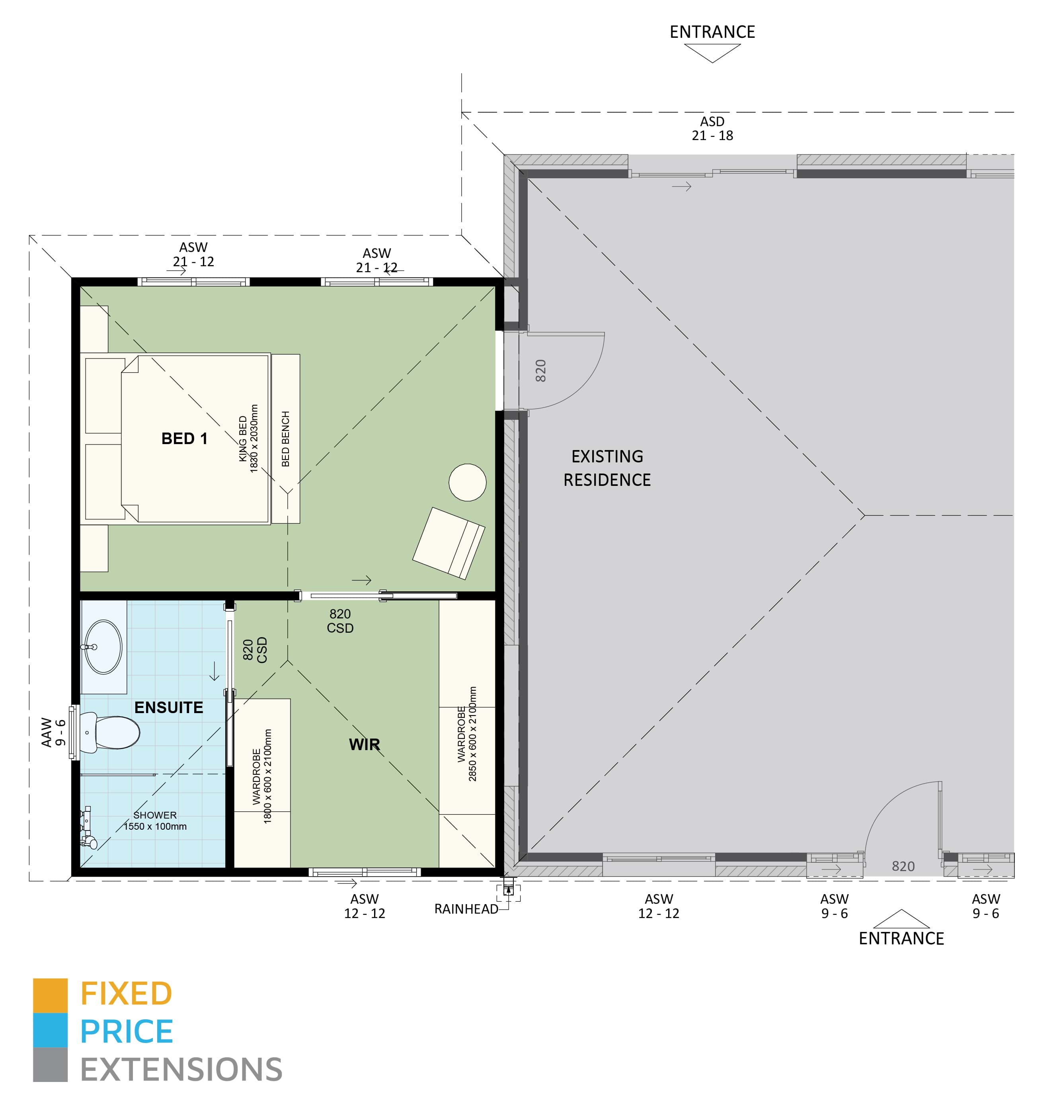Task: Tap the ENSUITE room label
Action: click(x=168, y=708)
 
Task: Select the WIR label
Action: click(x=364, y=745)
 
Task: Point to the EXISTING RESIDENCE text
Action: click(x=607, y=468)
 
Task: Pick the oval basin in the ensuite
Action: click(x=103, y=647)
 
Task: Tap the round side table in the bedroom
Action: click(x=467, y=482)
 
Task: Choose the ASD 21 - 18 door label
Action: click(x=712, y=129)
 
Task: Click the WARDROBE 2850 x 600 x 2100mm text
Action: click(x=467, y=734)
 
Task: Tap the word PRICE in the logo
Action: click(x=127, y=1032)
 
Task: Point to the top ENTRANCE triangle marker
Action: click(x=712, y=53)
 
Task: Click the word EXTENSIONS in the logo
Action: click(x=181, y=1070)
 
